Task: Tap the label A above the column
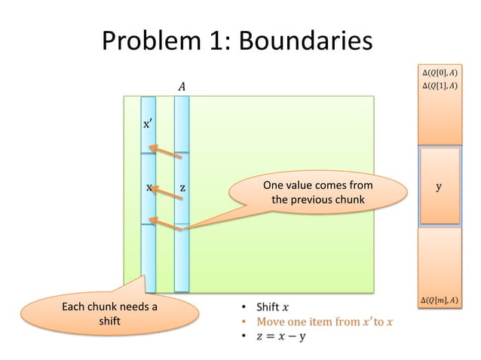181,87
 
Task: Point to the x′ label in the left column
149,124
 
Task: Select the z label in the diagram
182,187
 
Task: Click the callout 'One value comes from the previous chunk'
317,193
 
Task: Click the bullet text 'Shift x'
271,307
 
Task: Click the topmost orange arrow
166,153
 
